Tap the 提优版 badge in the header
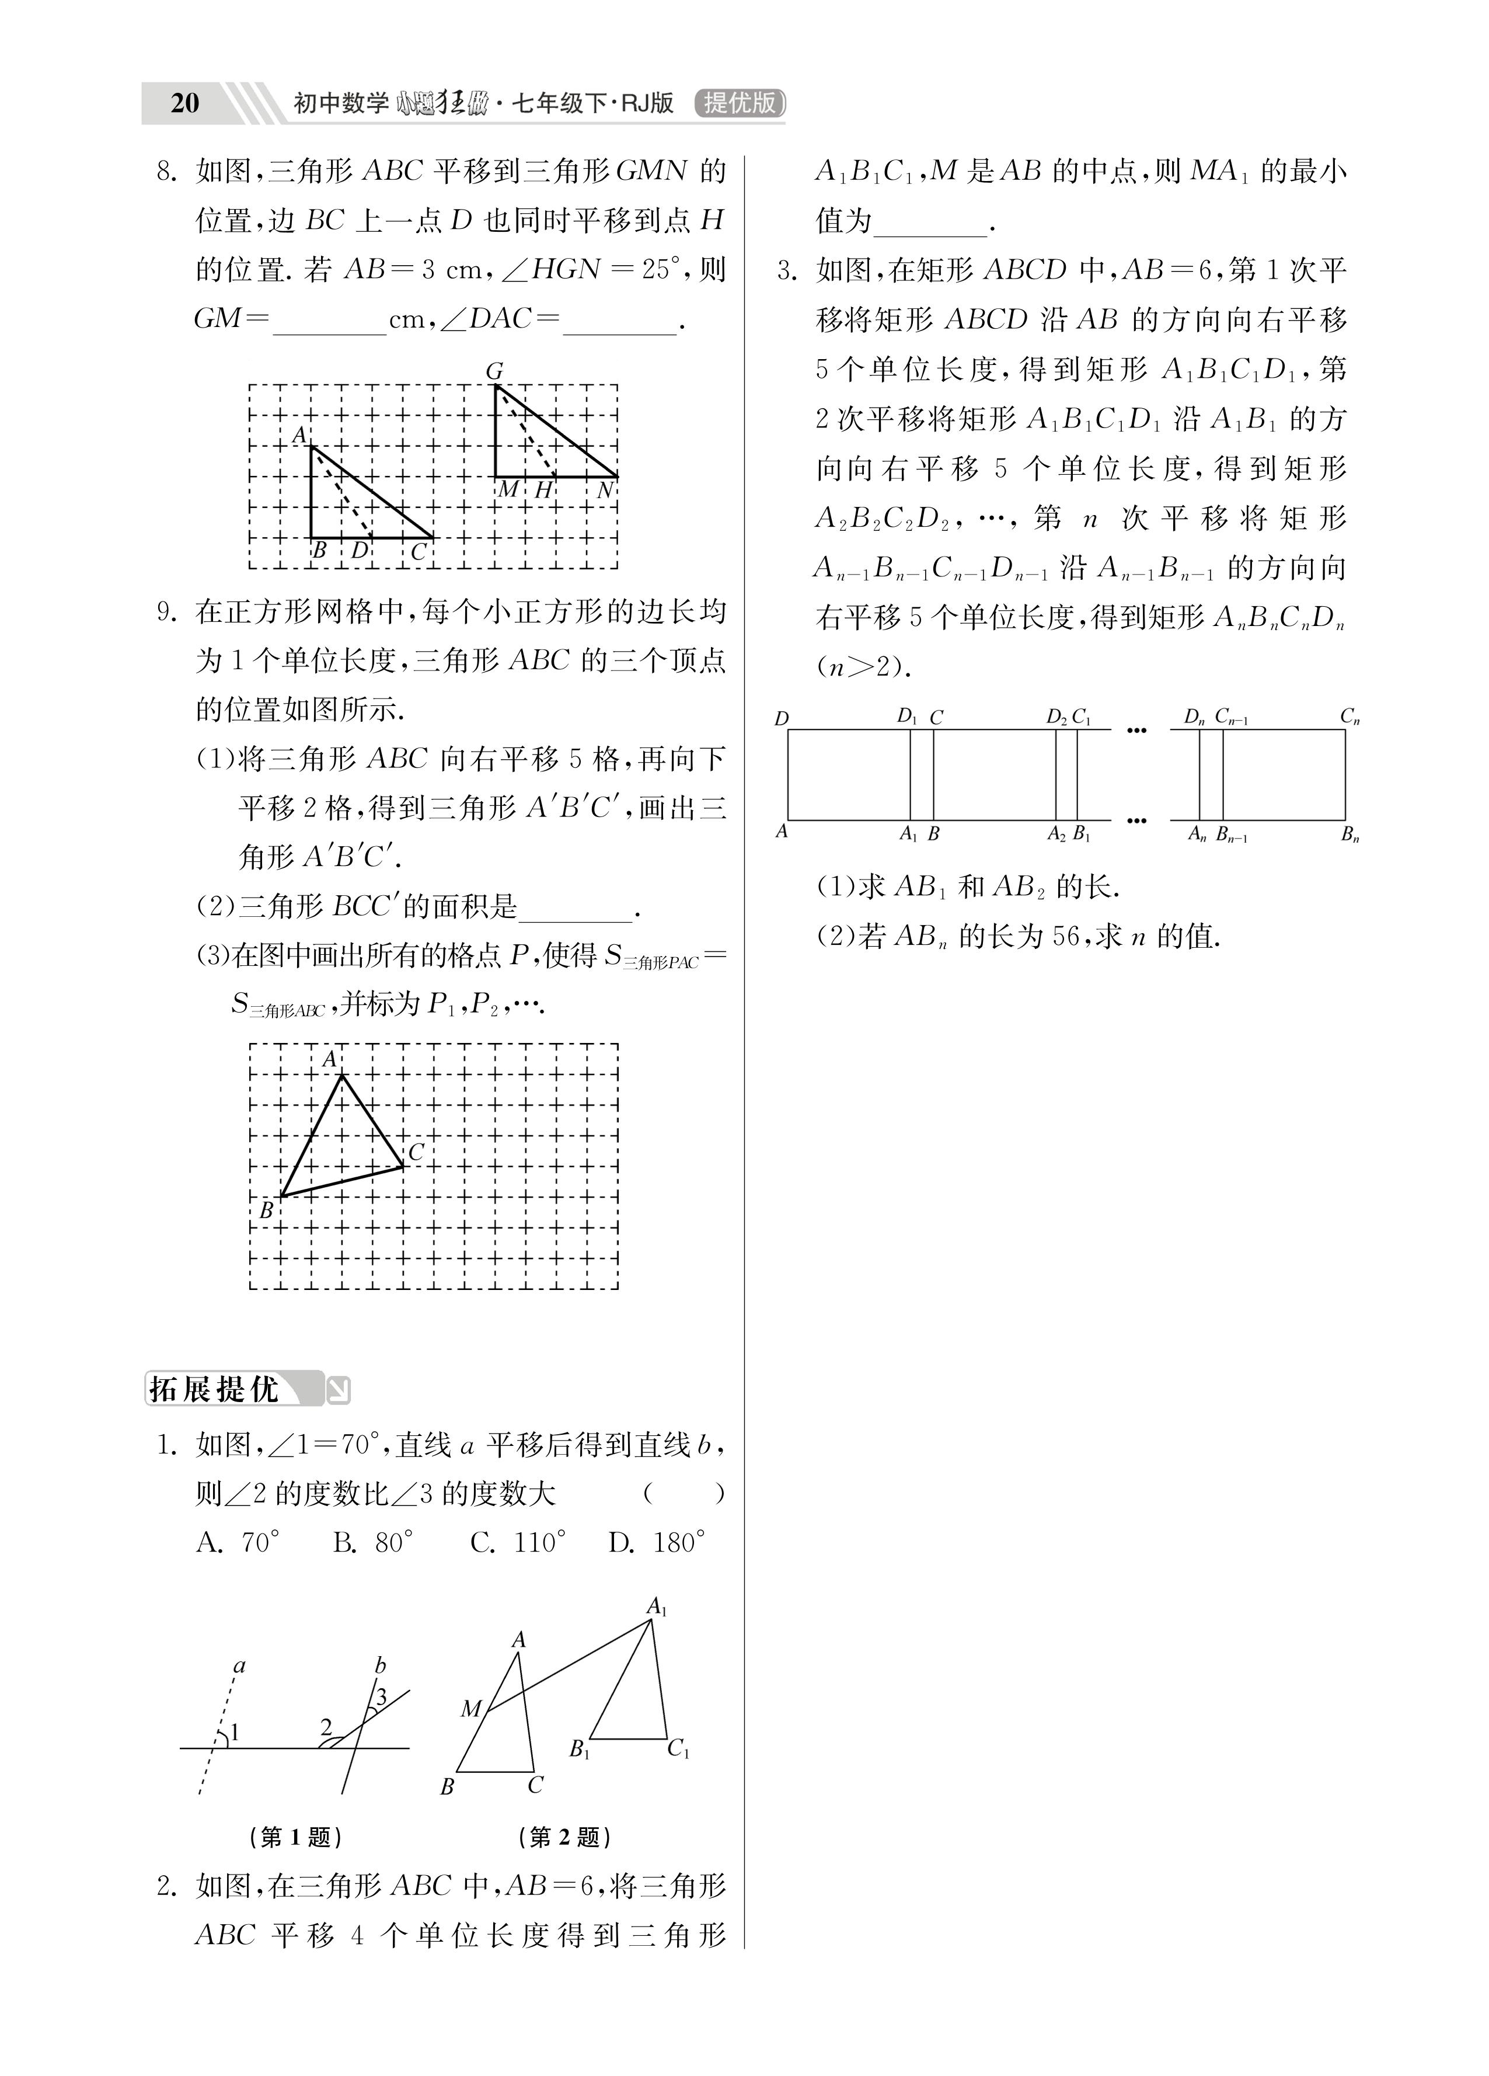click(x=740, y=103)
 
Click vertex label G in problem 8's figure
click(x=494, y=371)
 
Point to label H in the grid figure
click(x=543, y=491)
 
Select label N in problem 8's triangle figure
click(x=605, y=491)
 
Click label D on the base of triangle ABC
click(x=360, y=551)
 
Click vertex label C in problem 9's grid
click(x=416, y=1152)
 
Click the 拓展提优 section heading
click(x=214, y=1389)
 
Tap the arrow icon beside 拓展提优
click(x=339, y=1390)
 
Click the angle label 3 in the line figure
click(x=382, y=1696)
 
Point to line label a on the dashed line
click(x=240, y=1666)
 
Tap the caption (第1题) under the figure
click(x=295, y=1836)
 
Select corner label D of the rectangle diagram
click(x=780, y=718)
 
